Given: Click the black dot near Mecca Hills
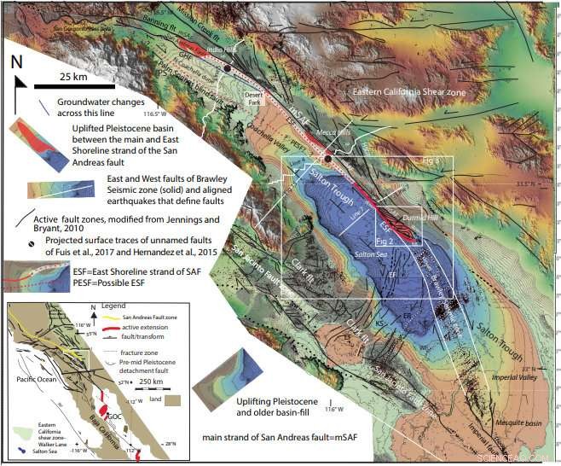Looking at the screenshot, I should click(327, 159).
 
